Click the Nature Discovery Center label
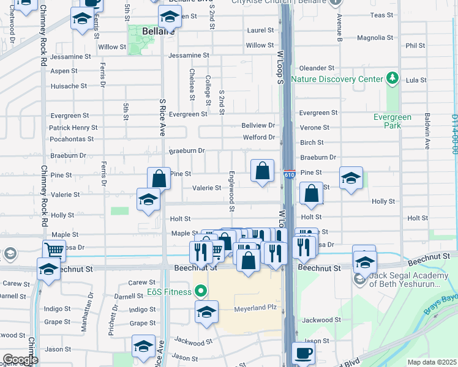pos(336,79)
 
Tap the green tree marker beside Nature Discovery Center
pos(392,79)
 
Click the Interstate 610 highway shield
pos(290,175)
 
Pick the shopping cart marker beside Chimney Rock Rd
pos(54,249)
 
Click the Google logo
pos(20,360)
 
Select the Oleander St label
pos(316,68)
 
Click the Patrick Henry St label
pos(73,128)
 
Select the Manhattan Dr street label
pos(91,303)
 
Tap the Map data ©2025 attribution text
pos(431,362)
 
